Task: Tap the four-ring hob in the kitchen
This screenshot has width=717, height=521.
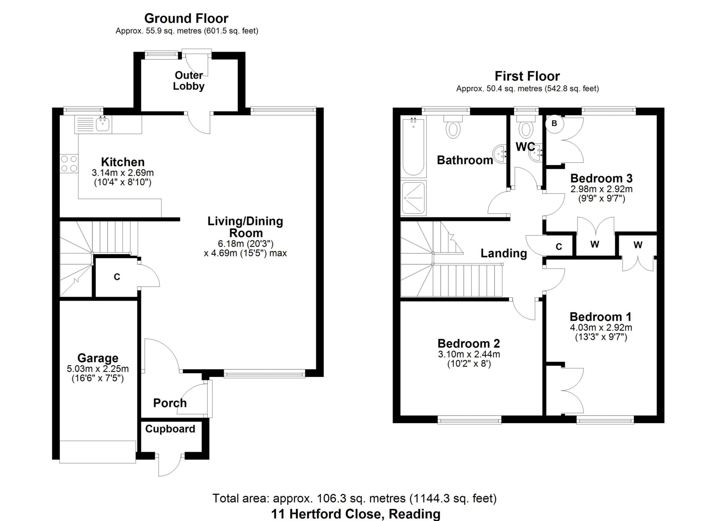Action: click(x=69, y=163)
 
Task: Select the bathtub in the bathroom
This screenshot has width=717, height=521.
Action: click(x=413, y=147)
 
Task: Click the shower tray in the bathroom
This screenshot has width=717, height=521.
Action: click(x=413, y=197)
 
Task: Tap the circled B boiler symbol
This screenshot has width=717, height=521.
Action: click(x=554, y=124)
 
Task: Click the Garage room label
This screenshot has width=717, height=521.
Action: click(x=98, y=358)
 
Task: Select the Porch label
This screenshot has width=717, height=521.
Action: click(x=170, y=403)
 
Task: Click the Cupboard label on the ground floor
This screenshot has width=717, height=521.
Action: click(x=170, y=429)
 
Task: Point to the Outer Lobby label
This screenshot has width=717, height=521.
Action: click(x=189, y=81)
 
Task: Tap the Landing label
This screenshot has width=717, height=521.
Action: click(x=503, y=253)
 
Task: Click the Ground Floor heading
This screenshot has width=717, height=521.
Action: click(x=186, y=18)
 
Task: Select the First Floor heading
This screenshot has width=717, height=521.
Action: click(x=527, y=76)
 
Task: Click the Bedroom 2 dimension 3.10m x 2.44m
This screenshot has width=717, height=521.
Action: click(x=469, y=354)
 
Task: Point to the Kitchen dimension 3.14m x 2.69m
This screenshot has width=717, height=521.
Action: click(x=123, y=173)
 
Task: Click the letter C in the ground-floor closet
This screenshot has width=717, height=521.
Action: click(x=117, y=277)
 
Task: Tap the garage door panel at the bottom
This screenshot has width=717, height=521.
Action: click(x=98, y=452)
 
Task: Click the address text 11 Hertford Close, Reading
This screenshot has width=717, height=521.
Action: click(x=356, y=514)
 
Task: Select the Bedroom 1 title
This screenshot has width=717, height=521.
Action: click(x=601, y=317)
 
